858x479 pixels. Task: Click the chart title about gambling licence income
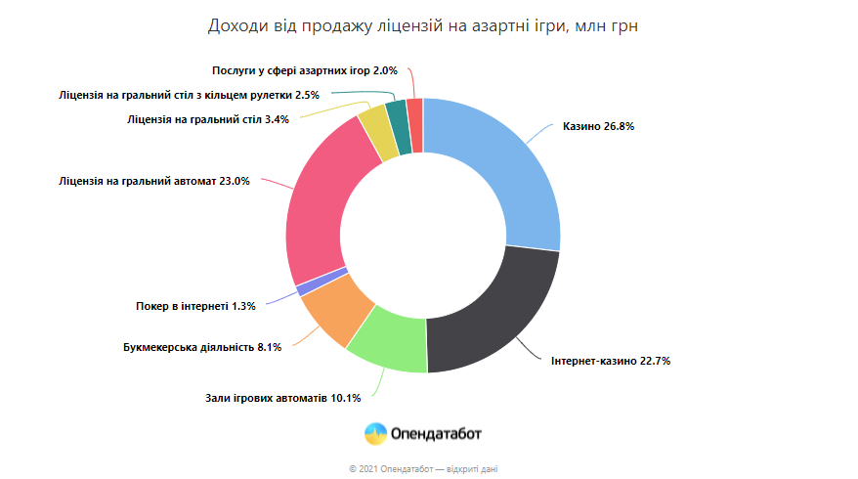pyautogui.click(x=422, y=25)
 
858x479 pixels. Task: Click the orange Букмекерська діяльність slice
pyautogui.click(x=336, y=310)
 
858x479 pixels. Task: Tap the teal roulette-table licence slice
pyautogui.click(x=397, y=120)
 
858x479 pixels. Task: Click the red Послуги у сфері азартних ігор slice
pyautogui.click(x=414, y=117)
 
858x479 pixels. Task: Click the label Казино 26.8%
pyautogui.click(x=599, y=126)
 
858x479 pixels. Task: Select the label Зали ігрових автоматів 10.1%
pyautogui.click(x=283, y=398)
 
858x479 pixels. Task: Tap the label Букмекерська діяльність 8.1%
pyautogui.click(x=202, y=347)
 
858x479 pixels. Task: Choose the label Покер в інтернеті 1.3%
pyautogui.click(x=195, y=306)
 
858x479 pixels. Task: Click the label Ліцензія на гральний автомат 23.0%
pyautogui.click(x=154, y=181)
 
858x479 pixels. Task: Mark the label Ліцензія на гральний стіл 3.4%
pyautogui.click(x=208, y=119)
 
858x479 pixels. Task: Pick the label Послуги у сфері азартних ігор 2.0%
pyautogui.click(x=305, y=70)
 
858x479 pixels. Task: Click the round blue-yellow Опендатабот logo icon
pyautogui.click(x=374, y=434)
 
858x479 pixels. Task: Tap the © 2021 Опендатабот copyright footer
pyautogui.click(x=423, y=469)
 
